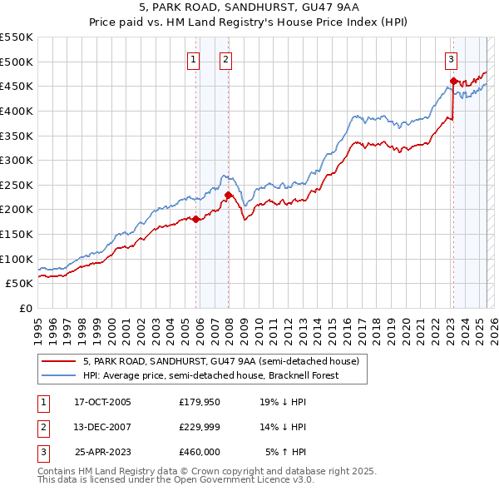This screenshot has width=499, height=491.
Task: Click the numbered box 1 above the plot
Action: point(193,59)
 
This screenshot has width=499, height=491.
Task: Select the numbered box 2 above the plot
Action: point(225,59)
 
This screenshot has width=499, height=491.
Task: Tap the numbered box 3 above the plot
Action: point(450,59)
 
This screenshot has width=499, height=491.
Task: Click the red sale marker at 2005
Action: point(196,220)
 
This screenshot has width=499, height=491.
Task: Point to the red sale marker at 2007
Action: point(227,195)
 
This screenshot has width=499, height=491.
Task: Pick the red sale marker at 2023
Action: point(453,81)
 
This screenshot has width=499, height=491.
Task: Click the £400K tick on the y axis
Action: point(17,111)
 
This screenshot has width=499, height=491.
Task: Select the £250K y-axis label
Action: point(17,185)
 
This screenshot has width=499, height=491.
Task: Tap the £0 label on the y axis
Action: point(27,308)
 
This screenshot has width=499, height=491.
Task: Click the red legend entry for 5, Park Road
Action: point(220,361)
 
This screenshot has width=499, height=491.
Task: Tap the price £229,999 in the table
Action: point(200,427)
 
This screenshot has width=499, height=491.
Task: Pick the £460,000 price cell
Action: point(200,452)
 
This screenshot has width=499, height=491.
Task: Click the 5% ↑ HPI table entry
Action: point(286,452)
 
